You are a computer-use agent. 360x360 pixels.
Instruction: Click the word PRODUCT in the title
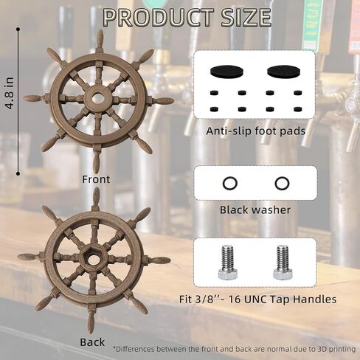(x=158, y=18)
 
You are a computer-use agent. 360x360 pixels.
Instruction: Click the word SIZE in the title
(x=246, y=18)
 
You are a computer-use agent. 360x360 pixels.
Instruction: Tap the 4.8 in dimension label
(x=10, y=93)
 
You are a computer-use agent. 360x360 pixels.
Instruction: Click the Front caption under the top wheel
(x=96, y=179)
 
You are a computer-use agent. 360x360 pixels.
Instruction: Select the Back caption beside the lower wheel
(x=92, y=342)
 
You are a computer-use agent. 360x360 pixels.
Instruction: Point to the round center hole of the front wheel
(x=98, y=98)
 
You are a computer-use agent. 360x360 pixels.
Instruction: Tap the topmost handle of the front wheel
(x=100, y=40)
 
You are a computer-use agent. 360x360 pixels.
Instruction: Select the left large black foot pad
(x=226, y=71)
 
